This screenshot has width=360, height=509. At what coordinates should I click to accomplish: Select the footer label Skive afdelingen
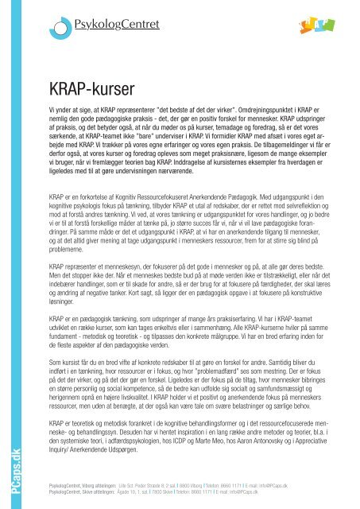(83, 491)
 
